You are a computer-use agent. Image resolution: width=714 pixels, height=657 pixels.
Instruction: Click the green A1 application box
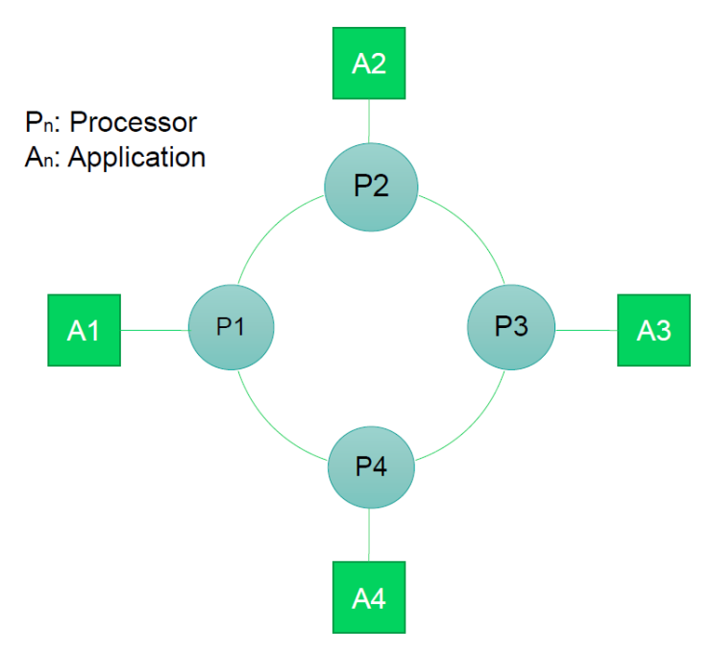pos(84,330)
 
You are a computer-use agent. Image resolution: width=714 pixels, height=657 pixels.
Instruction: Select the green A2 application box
pos(369,63)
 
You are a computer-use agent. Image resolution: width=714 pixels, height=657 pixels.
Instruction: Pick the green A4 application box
pos(369,597)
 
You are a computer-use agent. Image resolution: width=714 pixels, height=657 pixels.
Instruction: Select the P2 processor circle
pos(371,187)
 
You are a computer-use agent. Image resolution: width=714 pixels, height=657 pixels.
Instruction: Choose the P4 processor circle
pos(371,468)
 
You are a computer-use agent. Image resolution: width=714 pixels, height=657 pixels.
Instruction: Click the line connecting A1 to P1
pos(154,330)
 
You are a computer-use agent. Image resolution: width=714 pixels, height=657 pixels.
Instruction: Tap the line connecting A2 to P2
pos(369,121)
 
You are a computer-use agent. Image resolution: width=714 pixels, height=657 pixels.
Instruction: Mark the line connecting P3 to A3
pos(586,330)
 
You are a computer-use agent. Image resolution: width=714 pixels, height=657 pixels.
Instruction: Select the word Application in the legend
pos(136,157)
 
